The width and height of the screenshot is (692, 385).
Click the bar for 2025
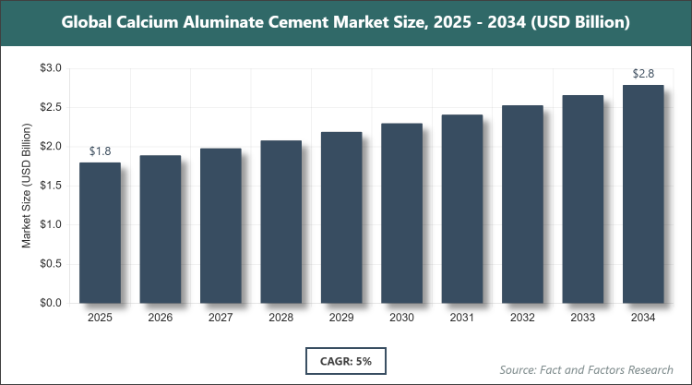(100, 233)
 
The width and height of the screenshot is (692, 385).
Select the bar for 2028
(280, 222)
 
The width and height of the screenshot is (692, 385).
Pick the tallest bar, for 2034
(643, 194)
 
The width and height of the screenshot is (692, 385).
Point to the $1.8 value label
(100, 150)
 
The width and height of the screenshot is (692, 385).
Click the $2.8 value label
(643, 73)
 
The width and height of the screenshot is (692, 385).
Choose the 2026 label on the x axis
(160, 318)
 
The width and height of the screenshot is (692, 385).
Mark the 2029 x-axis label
(341, 318)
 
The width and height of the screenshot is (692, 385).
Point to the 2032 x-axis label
(522, 318)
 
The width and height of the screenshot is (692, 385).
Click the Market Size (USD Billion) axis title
(28, 186)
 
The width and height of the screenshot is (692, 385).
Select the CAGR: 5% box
(345, 360)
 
